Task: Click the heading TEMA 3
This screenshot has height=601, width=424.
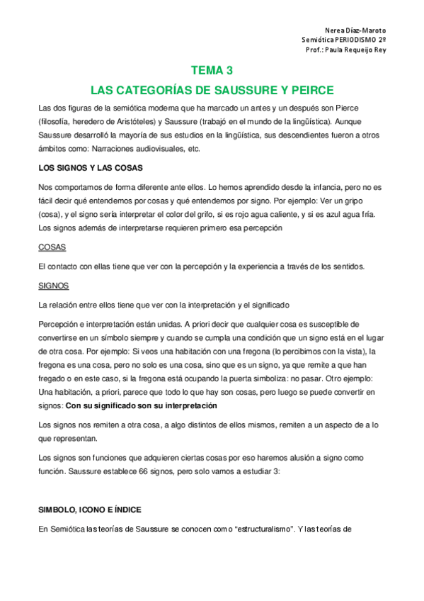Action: [x=212, y=70]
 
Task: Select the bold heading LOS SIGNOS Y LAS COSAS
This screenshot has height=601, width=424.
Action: [x=90, y=168]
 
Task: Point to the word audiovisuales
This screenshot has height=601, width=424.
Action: [x=160, y=150]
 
